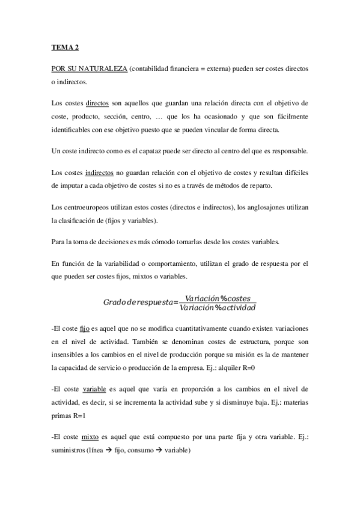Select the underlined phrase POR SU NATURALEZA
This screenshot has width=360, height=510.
[x=90, y=69]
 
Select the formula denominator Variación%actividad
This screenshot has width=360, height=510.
[x=218, y=309]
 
